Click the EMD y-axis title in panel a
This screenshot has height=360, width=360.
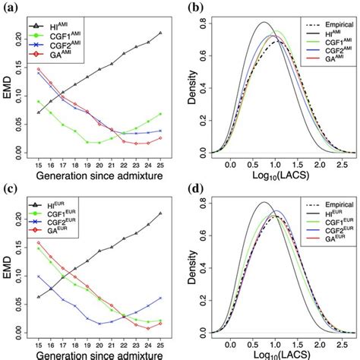(8, 90)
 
